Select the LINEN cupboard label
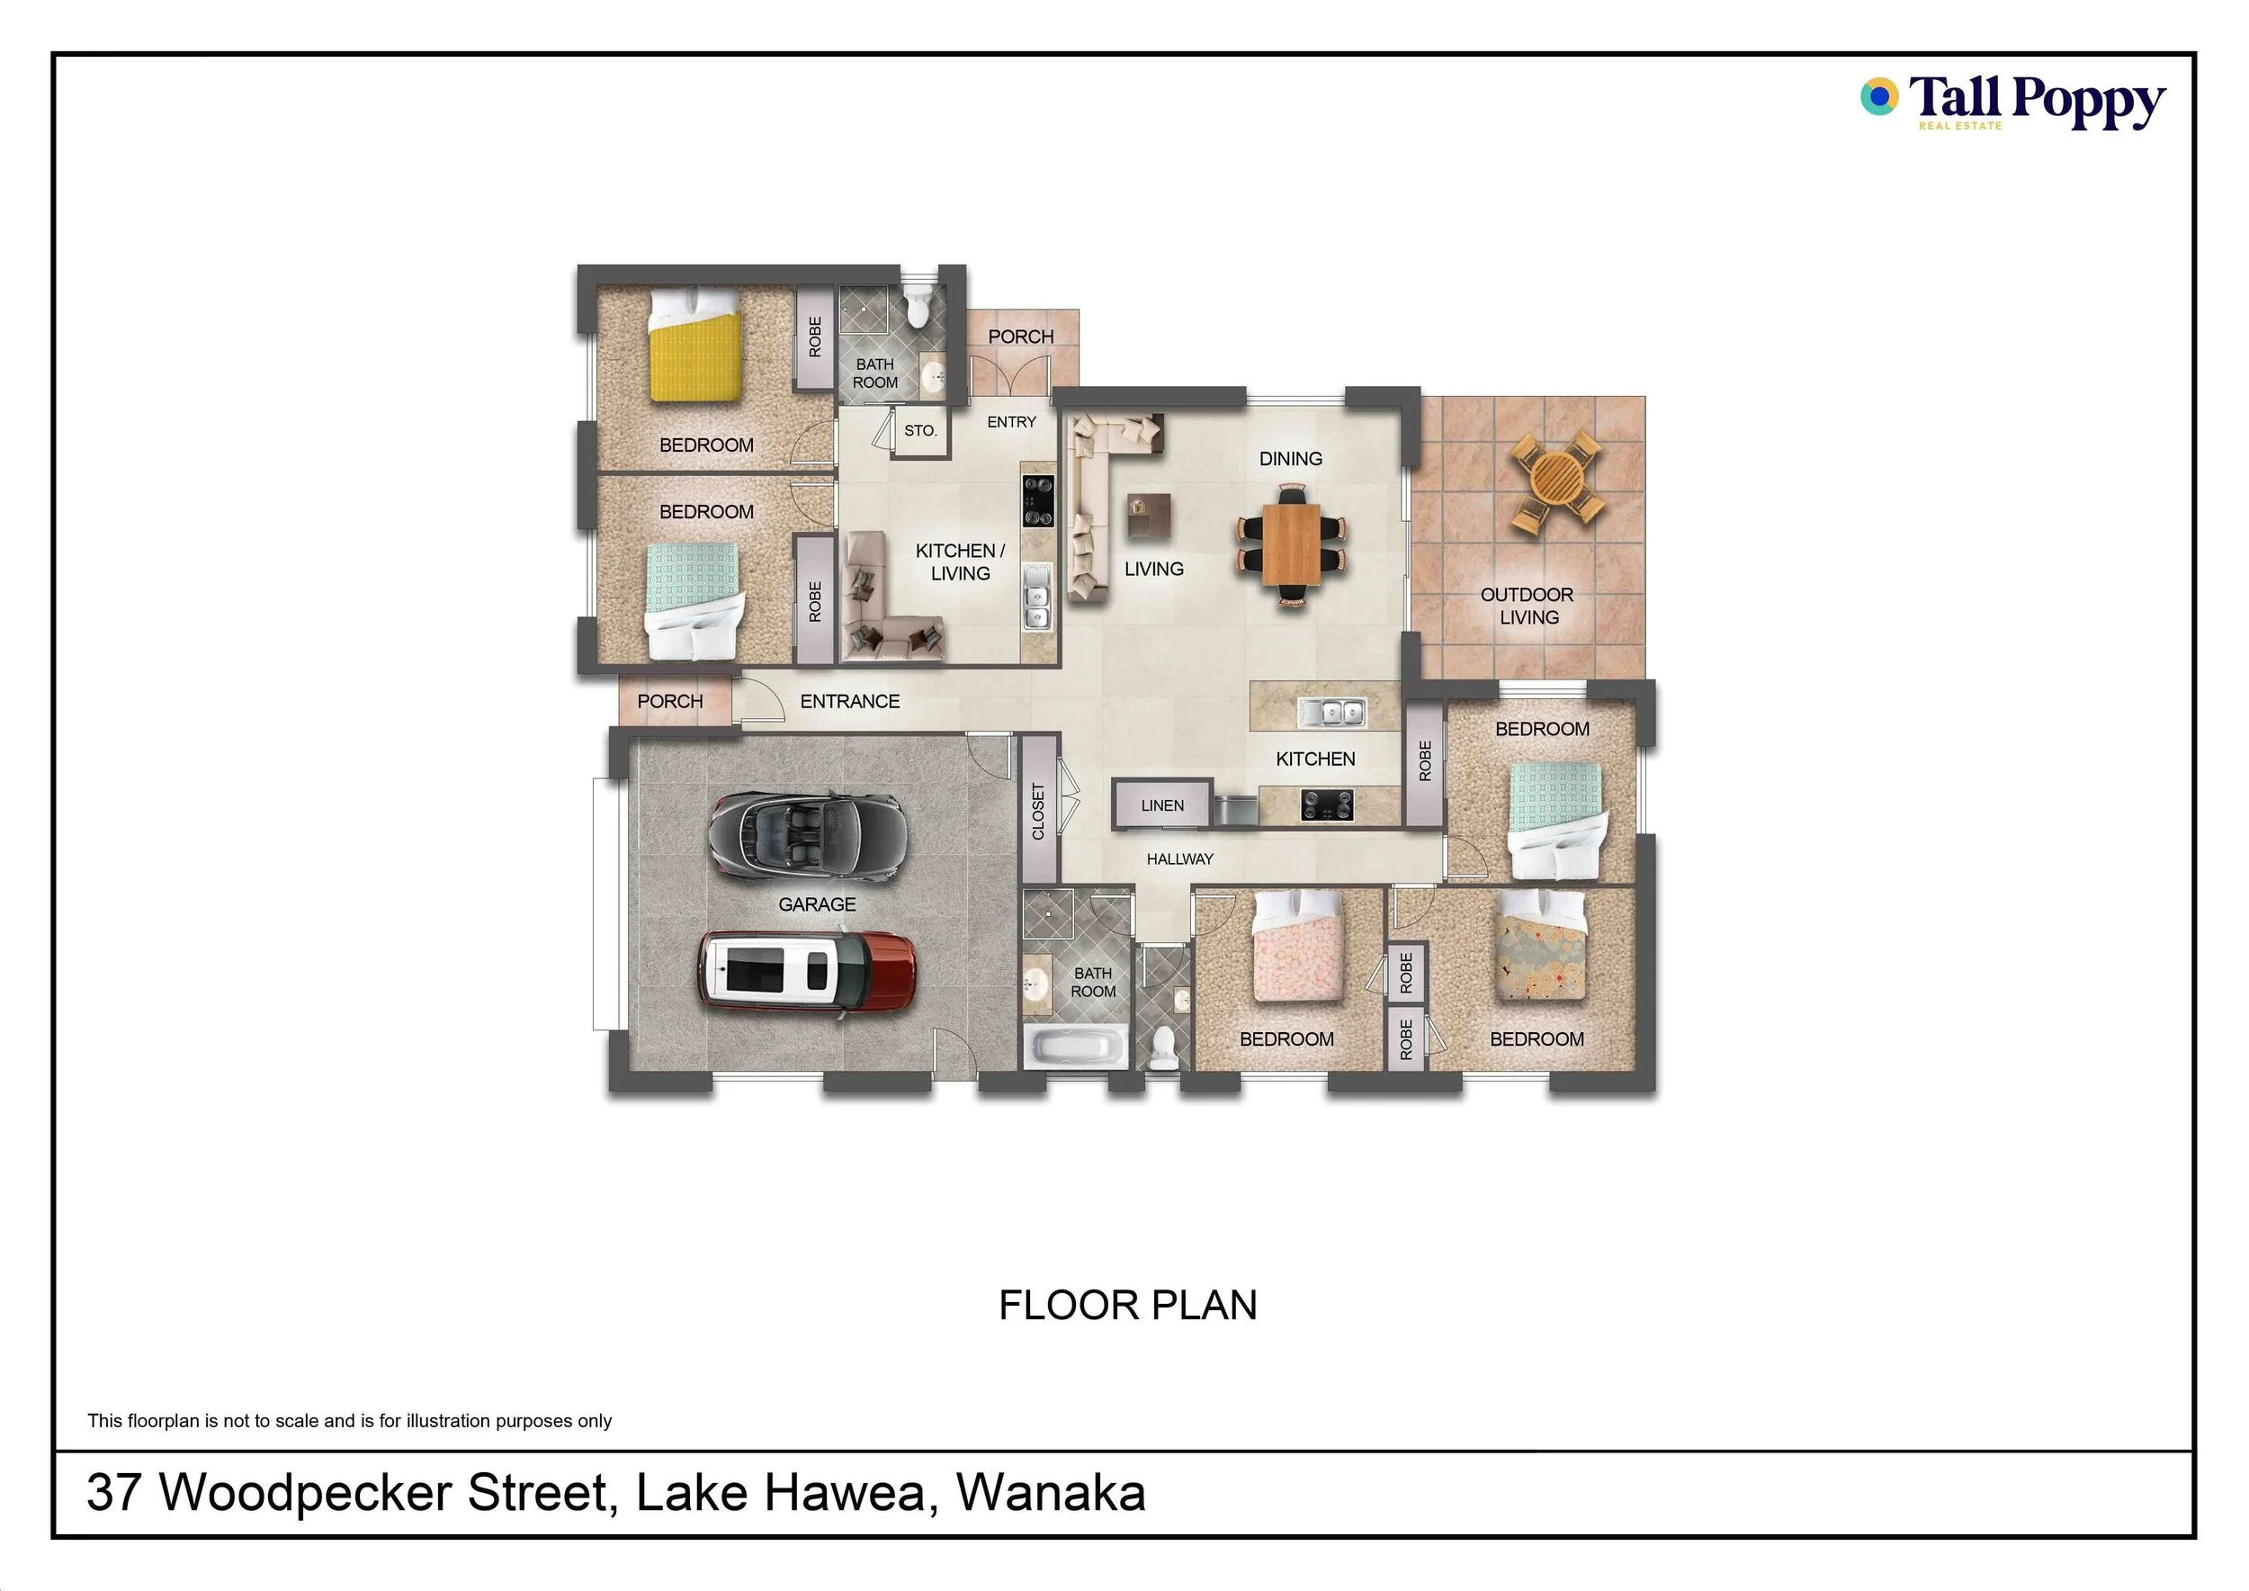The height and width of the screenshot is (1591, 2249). (x=1161, y=805)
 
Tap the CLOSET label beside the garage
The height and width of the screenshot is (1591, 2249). (x=1038, y=810)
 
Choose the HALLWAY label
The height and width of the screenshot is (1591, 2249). (x=1179, y=858)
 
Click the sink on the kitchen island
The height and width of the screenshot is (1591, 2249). (x=1331, y=712)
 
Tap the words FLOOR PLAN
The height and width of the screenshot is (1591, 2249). (x=1127, y=1305)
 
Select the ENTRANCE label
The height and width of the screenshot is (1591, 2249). (x=849, y=701)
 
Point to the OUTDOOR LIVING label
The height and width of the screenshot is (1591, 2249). (x=1528, y=606)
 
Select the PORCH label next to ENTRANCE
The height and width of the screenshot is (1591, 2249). (x=670, y=701)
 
